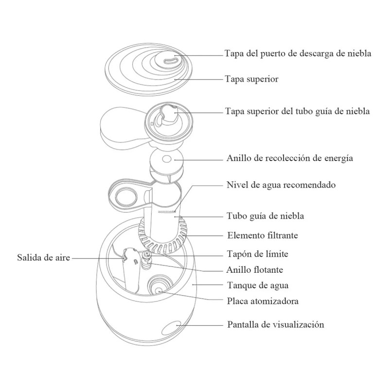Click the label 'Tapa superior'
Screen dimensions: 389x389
[x=251, y=79]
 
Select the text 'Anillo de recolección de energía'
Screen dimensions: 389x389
[x=290, y=159]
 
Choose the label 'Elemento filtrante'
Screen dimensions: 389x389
[x=263, y=235]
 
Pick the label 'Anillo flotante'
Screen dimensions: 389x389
[x=255, y=269]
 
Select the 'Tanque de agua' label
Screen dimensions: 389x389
[x=254, y=285]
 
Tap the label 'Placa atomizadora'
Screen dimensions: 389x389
[x=263, y=301]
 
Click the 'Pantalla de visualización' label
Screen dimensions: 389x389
[x=275, y=324]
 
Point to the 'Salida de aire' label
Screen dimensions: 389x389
[x=43, y=258]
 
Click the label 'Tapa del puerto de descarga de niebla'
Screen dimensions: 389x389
[x=298, y=53]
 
